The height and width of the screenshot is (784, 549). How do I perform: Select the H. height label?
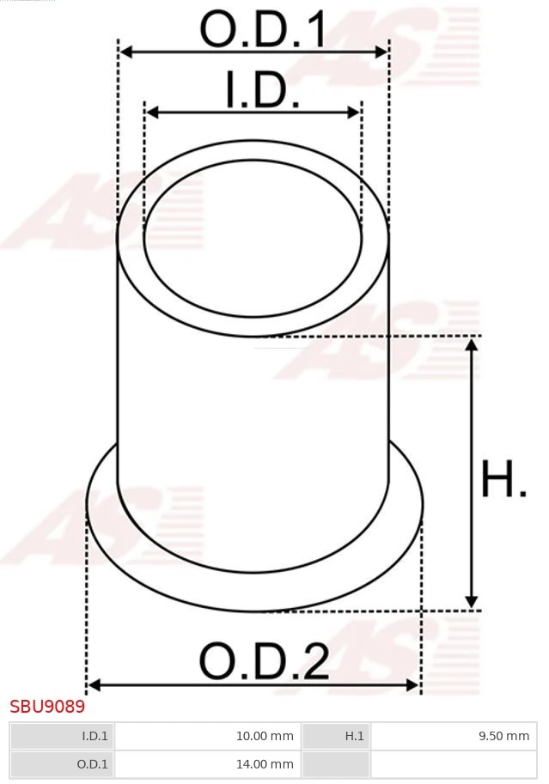tap(503, 480)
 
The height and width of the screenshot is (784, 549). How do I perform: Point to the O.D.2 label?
tap(264, 661)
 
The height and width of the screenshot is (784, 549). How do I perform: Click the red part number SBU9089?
tap(47, 707)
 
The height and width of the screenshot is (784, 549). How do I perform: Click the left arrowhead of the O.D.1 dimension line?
tap(125, 52)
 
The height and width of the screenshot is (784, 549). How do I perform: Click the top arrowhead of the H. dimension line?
tap(471, 344)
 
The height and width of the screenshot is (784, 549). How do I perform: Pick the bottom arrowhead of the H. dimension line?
tap(471, 602)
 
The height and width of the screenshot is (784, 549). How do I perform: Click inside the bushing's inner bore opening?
tap(253, 233)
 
